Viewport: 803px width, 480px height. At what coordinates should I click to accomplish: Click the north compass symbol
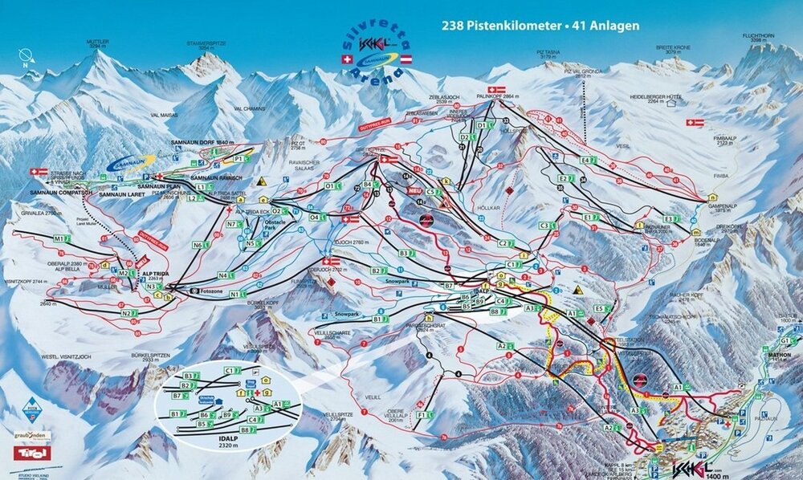(x=26, y=56)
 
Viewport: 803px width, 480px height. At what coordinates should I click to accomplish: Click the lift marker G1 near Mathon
(x=782, y=340)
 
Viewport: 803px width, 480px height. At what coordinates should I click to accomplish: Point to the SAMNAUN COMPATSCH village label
(x=59, y=193)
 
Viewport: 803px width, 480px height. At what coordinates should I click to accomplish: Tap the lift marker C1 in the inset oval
(x=229, y=370)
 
